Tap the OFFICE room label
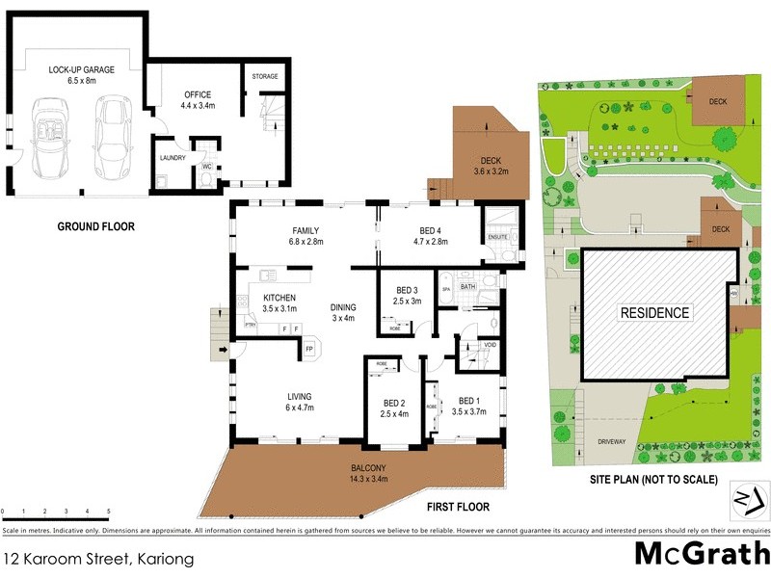[x=199, y=94]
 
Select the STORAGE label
[x=265, y=76]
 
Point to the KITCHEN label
[x=279, y=298]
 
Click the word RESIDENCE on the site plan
[x=654, y=312]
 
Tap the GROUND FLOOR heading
[x=95, y=227]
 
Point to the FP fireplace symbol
[x=310, y=349]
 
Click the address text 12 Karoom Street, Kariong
[x=99, y=558]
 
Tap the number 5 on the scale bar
[x=109, y=512]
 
